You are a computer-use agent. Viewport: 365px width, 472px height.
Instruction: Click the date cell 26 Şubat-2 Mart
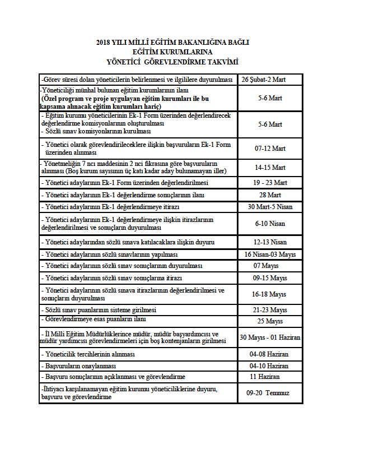[270, 80]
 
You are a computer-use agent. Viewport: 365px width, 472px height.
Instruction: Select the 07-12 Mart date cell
[270, 149]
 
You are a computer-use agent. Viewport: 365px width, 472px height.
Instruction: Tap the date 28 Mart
[270, 195]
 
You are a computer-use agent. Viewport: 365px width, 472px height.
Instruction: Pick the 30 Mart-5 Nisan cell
[270, 207]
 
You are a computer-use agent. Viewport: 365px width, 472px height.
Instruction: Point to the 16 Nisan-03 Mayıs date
[270, 254]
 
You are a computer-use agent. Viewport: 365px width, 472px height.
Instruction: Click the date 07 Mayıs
[270, 266]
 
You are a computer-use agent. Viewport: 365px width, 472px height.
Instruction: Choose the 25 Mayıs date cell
[270, 321]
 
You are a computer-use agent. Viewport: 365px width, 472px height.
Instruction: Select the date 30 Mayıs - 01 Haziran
[270, 337]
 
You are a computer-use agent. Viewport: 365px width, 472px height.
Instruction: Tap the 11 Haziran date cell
[270, 377]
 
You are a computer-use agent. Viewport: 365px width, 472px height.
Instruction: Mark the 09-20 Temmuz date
[270, 393]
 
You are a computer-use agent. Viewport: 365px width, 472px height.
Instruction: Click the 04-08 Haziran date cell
[270, 355]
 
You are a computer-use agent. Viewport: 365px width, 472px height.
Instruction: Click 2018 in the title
[104, 42]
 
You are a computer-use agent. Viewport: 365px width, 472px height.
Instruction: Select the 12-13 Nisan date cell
[270, 242]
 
